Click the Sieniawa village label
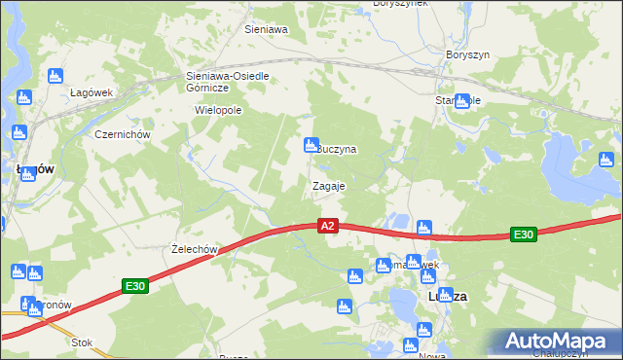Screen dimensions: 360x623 (266, 30)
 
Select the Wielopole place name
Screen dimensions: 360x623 (218, 110)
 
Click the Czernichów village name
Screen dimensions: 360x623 (120, 134)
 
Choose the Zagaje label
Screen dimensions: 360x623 (328, 185)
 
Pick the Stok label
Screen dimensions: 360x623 (82, 342)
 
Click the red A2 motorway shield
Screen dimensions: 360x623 (328, 226)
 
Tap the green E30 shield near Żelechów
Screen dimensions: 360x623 (135, 286)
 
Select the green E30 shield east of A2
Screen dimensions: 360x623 (524, 234)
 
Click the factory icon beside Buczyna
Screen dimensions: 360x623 (311, 144)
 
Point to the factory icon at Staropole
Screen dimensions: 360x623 (462, 100)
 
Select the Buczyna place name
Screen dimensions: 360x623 (339, 150)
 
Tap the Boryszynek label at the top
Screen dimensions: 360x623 (401, 5)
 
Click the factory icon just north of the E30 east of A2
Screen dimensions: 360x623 (423, 228)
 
